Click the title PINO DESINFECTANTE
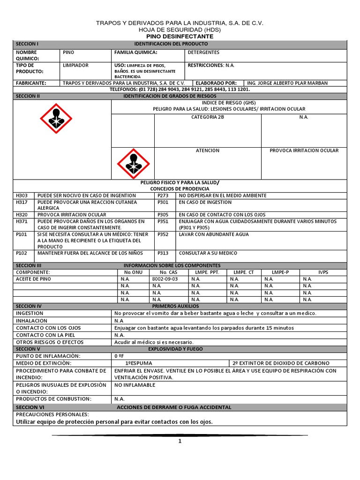(180, 37)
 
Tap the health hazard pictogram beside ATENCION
(132, 162)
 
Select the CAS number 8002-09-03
(165, 279)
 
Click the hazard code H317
(22, 202)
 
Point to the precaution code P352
(163, 234)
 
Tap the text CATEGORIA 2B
(208, 117)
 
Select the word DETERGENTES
(203, 52)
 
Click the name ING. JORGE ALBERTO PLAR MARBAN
(287, 83)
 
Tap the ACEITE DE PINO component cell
(34, 279)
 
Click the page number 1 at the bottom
(180, 441)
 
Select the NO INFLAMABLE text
(135, 385)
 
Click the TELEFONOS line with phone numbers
(180, 89)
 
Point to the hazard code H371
(22, 221)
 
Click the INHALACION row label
(32, 321)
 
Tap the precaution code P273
(163, 195)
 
